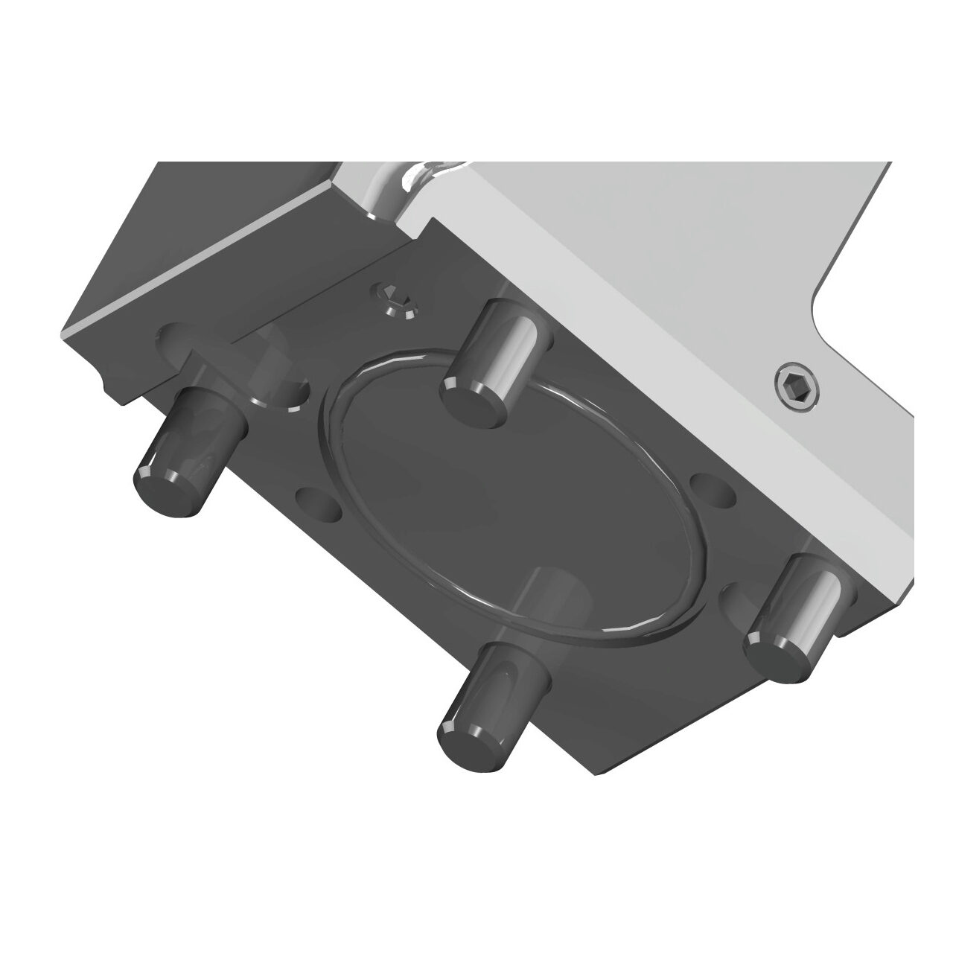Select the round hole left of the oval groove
[x=318, y=503]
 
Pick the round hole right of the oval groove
[x=712, y=489]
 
